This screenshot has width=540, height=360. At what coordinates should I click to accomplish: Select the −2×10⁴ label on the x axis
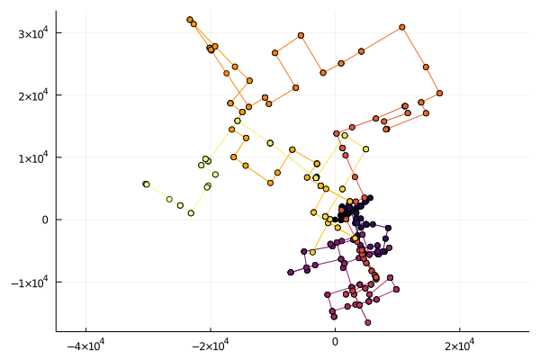click(x=210, y=345)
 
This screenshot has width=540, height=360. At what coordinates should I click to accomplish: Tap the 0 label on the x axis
click(x=335, y=345)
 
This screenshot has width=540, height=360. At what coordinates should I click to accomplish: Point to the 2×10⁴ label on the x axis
click(x=459, y=345)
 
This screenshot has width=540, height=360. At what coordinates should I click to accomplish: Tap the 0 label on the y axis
click(x=47, y=220)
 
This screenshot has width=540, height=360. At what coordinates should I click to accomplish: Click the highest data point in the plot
click(x=190, y=20)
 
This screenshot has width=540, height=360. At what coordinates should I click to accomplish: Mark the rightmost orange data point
click(x=439, y=93)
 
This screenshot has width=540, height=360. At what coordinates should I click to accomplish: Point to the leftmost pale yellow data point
click(x=146, y=184)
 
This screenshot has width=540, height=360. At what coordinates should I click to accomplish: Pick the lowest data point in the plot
click(x=368, y=322)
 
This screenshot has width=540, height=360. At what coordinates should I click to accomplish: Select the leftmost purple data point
click(x=291, y=272)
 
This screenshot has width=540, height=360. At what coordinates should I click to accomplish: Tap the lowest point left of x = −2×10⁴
click(x=191, y=213)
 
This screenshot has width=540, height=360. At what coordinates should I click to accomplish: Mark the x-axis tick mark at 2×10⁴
click(x=459, y=329)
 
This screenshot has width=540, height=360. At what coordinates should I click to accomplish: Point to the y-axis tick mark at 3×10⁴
click(x=58, y=33)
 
